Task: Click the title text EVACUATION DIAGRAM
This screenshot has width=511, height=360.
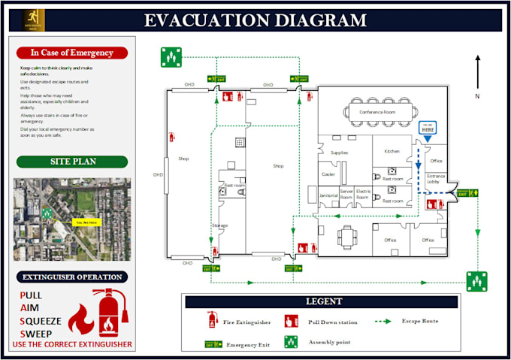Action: [255, 20]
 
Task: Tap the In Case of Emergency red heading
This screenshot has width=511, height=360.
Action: [72, 53]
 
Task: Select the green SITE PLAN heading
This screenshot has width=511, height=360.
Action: [72, 162]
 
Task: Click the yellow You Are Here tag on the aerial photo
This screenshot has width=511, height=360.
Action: [83, 222]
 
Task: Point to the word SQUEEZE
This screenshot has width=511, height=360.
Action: [41, 321]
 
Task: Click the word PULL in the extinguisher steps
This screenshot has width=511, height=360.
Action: [31, 295]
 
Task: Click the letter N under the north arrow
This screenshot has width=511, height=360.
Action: [476, 97]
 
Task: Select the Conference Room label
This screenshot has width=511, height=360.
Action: [376, 113]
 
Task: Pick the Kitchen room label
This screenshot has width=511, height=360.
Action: [392, 151]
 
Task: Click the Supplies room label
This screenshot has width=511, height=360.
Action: [339, 153]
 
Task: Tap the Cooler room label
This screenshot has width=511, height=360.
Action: [328, 174]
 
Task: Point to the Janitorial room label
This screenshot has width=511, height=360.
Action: [328, 195]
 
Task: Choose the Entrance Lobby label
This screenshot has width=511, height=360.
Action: [437, 179]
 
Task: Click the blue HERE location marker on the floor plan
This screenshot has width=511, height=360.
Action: [427, 129]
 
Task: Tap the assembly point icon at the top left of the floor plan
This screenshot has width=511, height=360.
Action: [171, 56]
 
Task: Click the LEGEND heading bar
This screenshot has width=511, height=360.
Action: [323, 301]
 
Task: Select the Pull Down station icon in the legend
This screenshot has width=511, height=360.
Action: [291, 322]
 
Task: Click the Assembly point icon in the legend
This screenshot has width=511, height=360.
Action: [291, 342]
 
